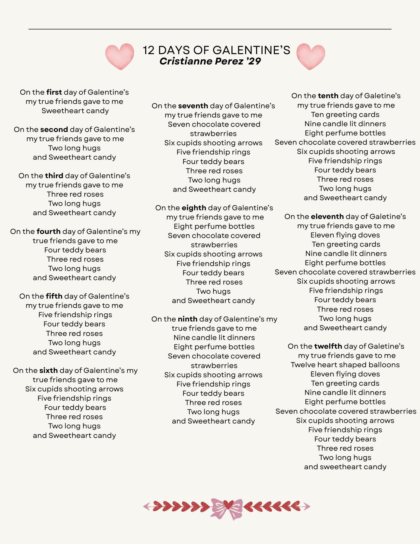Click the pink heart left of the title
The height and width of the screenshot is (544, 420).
click(x=120, y=56)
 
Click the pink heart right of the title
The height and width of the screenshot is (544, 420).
click(x=311, y=56)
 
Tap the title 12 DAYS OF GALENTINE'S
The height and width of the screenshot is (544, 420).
click(x=216, y=50)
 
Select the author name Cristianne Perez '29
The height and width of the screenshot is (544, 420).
click(x=210, y=61)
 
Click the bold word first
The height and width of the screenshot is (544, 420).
click(x=54, y=92)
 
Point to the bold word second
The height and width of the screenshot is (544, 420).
click(x=54, y=129)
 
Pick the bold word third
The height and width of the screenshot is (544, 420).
click(x=54, y=176)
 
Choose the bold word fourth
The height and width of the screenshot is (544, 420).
click(x=48, y=231)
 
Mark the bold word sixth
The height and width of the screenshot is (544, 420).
click(x=48, y=370)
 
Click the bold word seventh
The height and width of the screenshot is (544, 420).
click(x=193, y=106)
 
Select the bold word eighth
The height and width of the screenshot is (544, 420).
click(x=194, y=208)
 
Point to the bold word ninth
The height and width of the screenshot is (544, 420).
click(x=188, y=319)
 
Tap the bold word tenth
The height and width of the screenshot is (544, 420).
click(x=328, y=96)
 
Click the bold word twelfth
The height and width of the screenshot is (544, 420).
click(x=328, y=346)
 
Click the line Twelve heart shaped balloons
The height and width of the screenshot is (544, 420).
click(x=345, y=365)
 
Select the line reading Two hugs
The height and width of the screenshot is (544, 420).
click(x=213, y=291)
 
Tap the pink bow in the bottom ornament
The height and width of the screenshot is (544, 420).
click(x=227, y=509)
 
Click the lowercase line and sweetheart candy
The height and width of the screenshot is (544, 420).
click(x=345, y=467)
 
